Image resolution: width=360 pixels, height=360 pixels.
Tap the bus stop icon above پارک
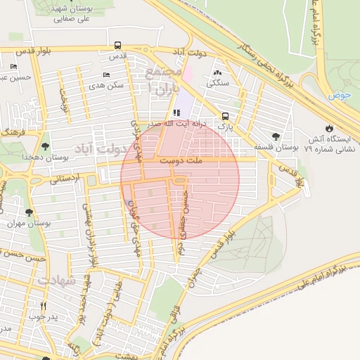(225, 116)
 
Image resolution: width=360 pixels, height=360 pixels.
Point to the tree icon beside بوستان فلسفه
(276, 136)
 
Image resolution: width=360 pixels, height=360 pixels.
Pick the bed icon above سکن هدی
(107, 75)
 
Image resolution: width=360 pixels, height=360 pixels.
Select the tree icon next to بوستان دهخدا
(46, 146)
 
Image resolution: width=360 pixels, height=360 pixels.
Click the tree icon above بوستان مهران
(29, 212)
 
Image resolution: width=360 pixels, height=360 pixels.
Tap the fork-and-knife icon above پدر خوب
(44, 306)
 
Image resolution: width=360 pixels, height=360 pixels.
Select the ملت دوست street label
(181, 161)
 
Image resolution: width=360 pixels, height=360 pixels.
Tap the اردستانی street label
(65, 180)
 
